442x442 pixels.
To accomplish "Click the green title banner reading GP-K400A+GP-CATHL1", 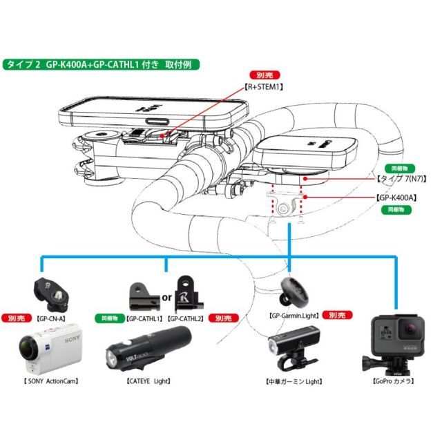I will pyautogui.click(x=102, y=64).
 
